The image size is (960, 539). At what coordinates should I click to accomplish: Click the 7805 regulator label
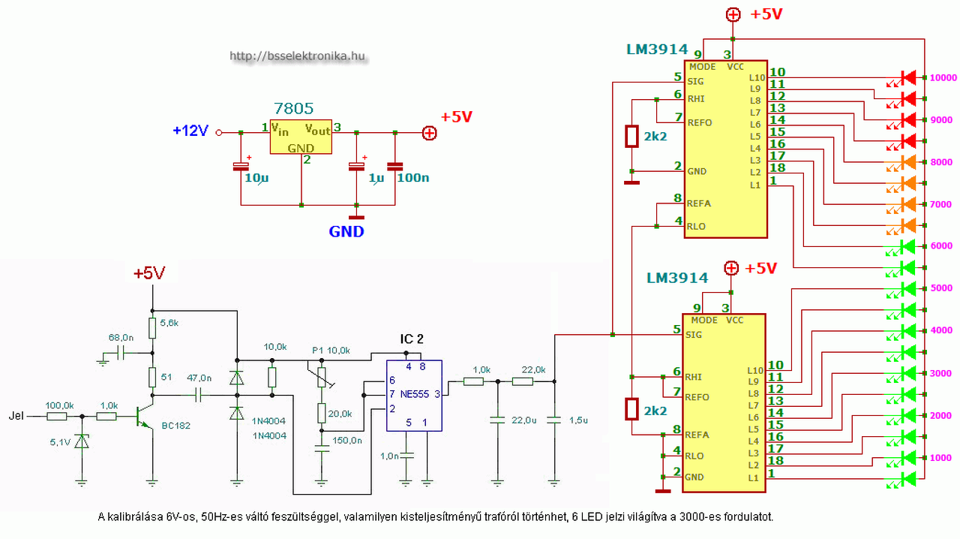pos(293,108)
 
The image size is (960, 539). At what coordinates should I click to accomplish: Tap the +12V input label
pos(190,131)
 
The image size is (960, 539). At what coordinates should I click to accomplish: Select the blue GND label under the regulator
pos(346,232)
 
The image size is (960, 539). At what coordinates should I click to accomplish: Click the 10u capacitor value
pos(256,178)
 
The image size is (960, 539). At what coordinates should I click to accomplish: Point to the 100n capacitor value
pos(413,178)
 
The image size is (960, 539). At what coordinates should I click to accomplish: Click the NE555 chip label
pos(415,394)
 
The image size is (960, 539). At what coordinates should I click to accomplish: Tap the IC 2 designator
pos(412,339)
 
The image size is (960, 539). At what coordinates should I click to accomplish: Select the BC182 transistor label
pos(175,426)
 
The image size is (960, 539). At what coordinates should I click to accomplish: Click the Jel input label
pos(16,416)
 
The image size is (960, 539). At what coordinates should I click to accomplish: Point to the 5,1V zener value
pos(60,442)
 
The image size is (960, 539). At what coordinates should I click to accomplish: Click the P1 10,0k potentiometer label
pos(331,351)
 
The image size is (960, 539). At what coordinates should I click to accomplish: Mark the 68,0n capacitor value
pos(121,338)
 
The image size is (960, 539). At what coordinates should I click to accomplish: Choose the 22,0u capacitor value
pos(523,420)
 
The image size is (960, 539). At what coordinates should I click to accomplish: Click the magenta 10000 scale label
pos(943,77)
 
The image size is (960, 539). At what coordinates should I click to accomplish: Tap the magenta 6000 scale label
pos(941,246)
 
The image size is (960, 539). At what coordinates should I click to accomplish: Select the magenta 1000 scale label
pos(940,458)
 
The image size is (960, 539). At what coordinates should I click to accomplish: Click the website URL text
pos(298,56)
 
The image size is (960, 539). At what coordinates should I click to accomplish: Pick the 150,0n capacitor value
pos(347,441)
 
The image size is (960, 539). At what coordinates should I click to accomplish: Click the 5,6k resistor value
pos(169,323)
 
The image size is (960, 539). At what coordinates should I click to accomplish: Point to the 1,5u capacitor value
pos(578,420)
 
